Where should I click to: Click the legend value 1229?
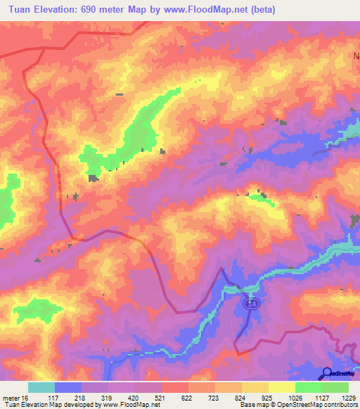tap(349, 398)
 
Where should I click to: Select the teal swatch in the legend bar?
tap(41, 387)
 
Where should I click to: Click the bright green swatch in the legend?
tap(309, 387)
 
